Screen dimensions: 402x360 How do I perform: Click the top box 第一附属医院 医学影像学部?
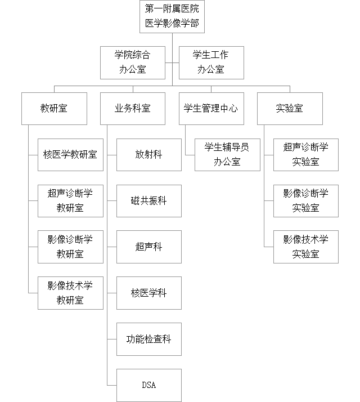pyautogui.click(x=172, y=17)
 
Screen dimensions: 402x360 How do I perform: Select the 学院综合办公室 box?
pyautogui.click(x=132, y=62)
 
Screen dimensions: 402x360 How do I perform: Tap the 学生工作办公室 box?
pyautogui.click(x=211, y=62)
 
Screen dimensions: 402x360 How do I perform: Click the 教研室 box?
pyautogui.click(x=54, y=108)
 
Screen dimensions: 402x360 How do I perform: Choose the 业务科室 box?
pyautogui.click(x=132, y=108)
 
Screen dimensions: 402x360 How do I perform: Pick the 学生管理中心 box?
pyautogui.click(x=211, y=108)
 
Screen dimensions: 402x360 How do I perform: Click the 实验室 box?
pyautogui.click(x=290, y=108)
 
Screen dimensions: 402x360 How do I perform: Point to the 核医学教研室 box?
pyautogui.click(x=70, y=154)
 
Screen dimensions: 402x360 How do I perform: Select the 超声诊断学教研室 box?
pyautogui.click(x=70, y=200)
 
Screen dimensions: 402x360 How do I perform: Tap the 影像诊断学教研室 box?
pyautogui.click(x=70, y=247)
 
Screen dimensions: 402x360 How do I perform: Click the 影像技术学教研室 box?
pyautogui.click(x=70, y=293)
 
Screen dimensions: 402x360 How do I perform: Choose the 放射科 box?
pyautogui.click(x=149, y=154)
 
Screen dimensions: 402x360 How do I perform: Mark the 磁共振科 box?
pyautogui.click(x=149, y=200)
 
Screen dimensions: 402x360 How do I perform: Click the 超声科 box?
pyautogui.click(x=149, y=247)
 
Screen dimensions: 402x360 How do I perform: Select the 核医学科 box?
pyautogui.click(x=149, y=293)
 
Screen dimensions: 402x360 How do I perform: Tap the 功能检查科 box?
pyautogui.click(x=149, y=339)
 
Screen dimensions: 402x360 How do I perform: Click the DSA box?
pyautogui.click(x=149, y=385)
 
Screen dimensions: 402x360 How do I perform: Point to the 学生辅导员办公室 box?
pyautogui.click(x=227, y=154)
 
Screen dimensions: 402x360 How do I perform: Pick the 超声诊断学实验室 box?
pyautogui.click(x=306, y=154)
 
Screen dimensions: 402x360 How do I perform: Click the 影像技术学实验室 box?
pyautogui.click(x=306, y=247)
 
